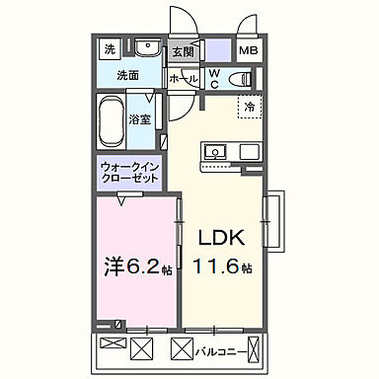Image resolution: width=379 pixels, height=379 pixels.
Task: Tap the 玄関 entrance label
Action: (x=182, y=52)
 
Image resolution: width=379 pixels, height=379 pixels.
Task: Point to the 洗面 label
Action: (x=128, y=75)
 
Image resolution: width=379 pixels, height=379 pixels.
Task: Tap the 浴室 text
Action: (x=140, y=118)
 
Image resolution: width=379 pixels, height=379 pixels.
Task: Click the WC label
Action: (x=213, y=79)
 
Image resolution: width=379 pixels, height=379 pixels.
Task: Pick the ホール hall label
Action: (x=183, y=78)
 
